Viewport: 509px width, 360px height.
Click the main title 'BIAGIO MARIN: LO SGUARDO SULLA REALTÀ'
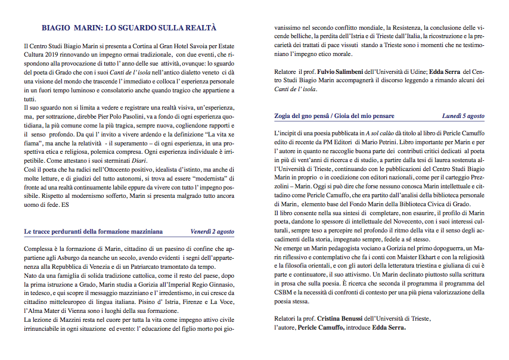click(129, 28)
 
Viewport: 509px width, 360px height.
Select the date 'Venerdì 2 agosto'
click(212, 231)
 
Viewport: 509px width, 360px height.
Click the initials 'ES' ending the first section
click(65, 204)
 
